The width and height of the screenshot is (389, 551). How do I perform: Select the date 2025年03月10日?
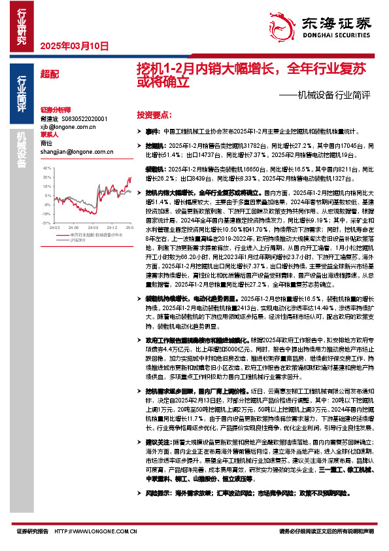[74, 46]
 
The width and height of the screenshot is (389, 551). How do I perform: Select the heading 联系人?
[50, 135]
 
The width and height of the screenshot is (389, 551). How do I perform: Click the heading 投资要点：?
[154, 113]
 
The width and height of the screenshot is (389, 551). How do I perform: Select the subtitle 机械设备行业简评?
[333, 95]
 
